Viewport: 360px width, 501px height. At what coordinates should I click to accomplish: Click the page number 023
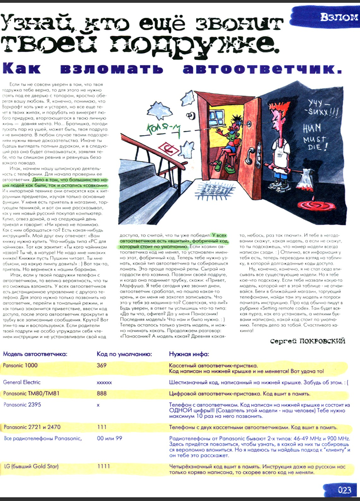point(344,490)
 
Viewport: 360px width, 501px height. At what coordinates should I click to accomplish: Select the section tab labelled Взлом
point(339,18)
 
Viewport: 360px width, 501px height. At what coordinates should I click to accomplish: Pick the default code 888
point(102,394)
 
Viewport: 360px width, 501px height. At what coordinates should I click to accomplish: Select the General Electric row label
point(22,383)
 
